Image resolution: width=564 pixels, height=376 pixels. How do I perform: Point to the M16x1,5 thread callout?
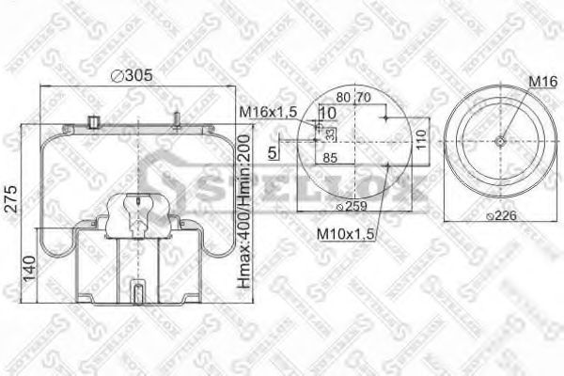[268, 113]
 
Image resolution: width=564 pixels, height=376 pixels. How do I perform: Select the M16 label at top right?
[538, 84]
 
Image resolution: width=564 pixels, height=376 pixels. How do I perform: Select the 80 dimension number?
[342, 96]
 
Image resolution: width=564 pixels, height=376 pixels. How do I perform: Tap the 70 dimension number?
[363, 96]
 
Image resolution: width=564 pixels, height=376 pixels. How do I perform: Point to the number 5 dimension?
[273, 149]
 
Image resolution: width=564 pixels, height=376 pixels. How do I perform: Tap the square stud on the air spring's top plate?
[93, 120]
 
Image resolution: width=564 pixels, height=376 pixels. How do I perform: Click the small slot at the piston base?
[137, 291]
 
